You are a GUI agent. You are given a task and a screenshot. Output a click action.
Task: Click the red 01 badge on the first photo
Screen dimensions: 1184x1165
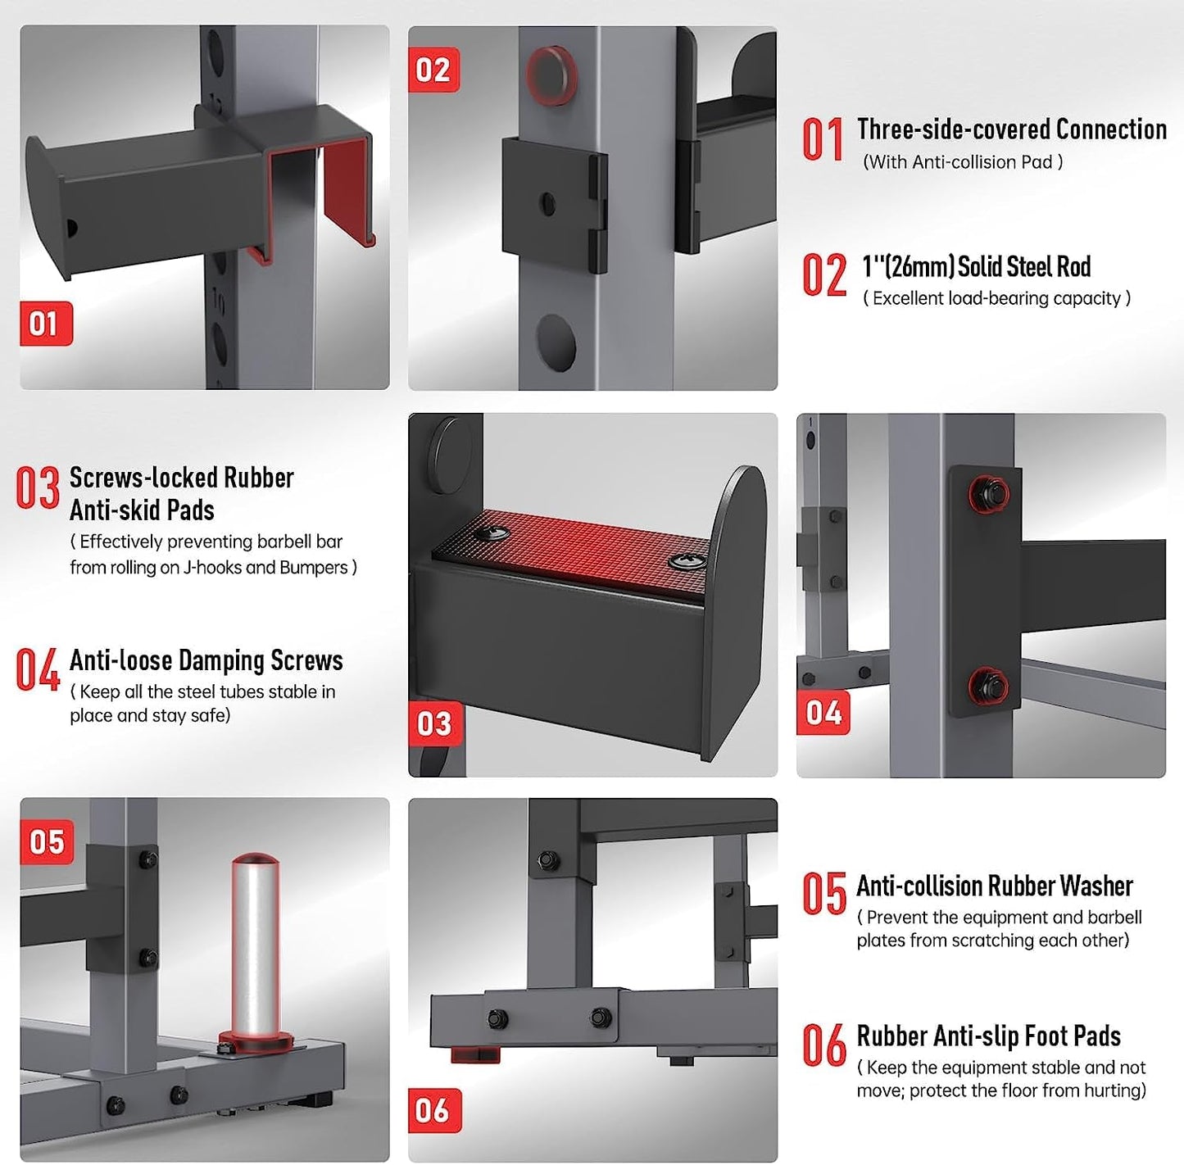pyautogui.click(x=46, y=323)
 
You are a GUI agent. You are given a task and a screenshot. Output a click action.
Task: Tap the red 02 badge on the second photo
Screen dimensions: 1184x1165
pyautogui.click(x=433, y=70)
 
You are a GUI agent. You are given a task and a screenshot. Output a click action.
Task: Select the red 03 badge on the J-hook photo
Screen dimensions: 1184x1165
pyautogui.click(x=435, y=723)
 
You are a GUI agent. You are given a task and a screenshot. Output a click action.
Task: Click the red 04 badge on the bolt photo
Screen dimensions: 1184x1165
pyautogui.click(x=823, y=713)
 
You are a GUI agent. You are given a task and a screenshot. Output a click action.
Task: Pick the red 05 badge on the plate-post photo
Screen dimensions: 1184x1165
pyautogui.click(x=47, y=842)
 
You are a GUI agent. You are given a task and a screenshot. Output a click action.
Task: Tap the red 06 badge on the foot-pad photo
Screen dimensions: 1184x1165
pyautogui.click(x=434, y=1110)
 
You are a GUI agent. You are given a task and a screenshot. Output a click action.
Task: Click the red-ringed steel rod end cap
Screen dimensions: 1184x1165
pyautogui.click(x=551, y=75)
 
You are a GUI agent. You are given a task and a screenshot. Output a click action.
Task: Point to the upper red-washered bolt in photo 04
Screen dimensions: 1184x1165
pyautogui.click(x=989, y=493)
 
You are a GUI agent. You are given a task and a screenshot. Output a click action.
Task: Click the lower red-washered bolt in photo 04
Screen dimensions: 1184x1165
pyautogui.click(x=989, y=687)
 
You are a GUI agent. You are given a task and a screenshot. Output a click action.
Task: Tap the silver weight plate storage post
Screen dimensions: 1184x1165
pyautogui.click(x=255, y=946)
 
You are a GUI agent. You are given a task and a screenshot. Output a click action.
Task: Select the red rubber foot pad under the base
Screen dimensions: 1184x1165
pyautogui.click(x=475, y=1054)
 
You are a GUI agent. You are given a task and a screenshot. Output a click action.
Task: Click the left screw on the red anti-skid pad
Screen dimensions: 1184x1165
pyautogui.click(x=494, y=533)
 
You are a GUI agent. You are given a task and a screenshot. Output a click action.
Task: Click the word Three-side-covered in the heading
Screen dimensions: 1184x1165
pyautogui.click(x=954, y=129)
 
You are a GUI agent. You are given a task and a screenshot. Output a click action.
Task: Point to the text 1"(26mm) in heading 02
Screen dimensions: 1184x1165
pyautogui.click(x=908, y=267)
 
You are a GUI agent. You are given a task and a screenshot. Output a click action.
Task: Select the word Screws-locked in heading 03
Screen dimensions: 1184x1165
pyautogui.click(x=143, y=478)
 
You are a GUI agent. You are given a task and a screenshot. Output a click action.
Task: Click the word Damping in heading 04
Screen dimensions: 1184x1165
pyautogui.click(x=222, y=660)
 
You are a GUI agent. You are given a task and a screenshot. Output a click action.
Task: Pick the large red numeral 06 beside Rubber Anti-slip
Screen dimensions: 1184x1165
pyautogui.click(x=824, y=1045)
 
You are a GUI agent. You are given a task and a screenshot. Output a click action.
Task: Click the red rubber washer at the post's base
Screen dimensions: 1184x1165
pyautogui.click(x=256, y=1040)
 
